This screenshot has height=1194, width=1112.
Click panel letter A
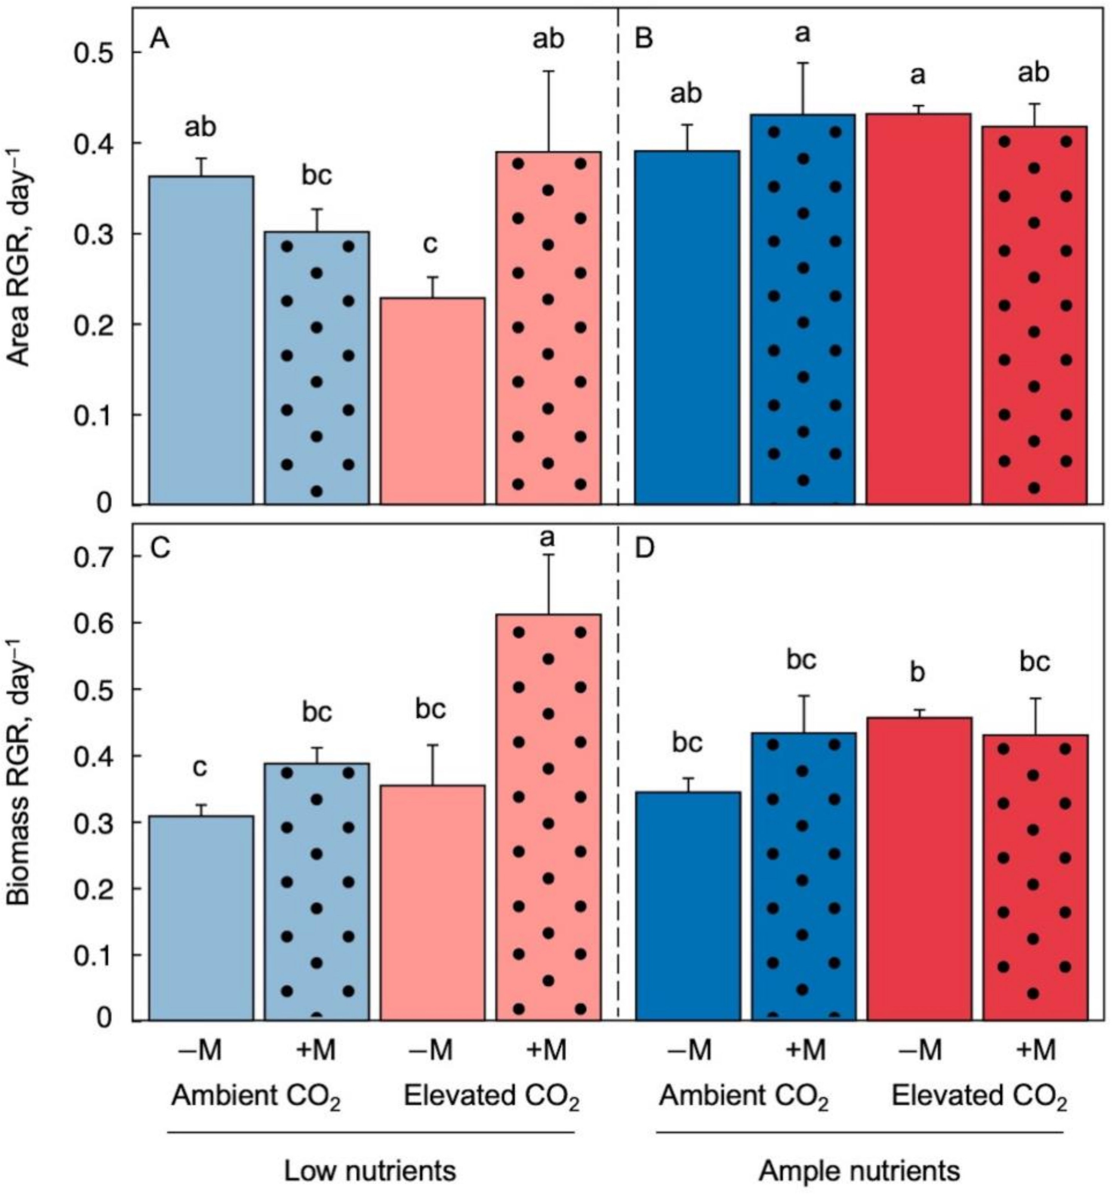tap(159, 41)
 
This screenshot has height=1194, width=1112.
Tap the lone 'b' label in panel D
tap(917, 673)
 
